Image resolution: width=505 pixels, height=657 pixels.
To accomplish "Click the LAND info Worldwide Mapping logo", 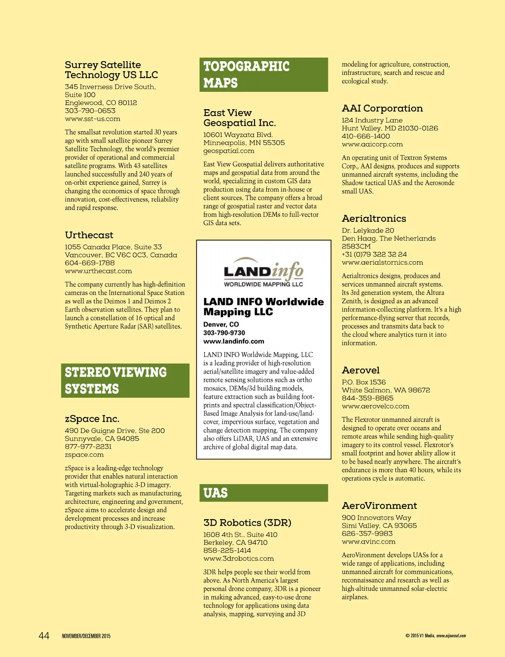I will pyautogui.click(x=263, y=272).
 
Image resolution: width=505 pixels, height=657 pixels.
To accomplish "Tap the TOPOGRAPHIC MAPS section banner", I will pyautogui.click(x=264, y=75).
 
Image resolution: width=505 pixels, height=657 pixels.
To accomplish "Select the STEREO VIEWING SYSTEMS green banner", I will pyautogui.click(x=125, y=380).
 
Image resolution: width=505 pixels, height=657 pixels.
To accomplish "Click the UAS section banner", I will pyautogui.click(x=264, y=493).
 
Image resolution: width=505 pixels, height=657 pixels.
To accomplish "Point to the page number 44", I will pyautogui.click(x=44, y=636).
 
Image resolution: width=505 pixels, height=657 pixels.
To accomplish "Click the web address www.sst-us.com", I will pyautogui.click(x=93, y=119).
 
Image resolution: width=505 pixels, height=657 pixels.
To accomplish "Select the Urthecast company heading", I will pyautogui.click(x=89, y=235).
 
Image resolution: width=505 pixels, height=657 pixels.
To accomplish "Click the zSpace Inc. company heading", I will pyautogui.click(x=92, y=419).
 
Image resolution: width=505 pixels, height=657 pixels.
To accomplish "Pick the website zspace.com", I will pyautogui.click(x=84, y=455).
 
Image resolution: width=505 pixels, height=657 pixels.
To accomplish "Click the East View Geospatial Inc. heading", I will pyautogui.click(x=240, y=118).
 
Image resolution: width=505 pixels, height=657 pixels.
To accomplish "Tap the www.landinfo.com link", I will pyautogui.click(x=234, y=341).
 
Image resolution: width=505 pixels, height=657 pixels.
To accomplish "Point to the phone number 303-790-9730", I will pyautogui.click(x=224, y=333).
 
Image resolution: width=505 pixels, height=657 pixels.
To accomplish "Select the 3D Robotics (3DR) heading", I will pyautogui.click(x=248, y=523).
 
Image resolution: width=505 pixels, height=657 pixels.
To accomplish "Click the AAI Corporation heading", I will pyautogui.click(x=382, y=109).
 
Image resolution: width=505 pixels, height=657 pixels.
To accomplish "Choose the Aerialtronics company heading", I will pyautogui.click(x=374, y=219).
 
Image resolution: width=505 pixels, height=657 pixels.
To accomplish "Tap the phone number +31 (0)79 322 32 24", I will pyautogui.click(x=374, y=254).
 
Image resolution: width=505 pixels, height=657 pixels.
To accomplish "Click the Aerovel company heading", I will pyautogui.click(x=361, y=370).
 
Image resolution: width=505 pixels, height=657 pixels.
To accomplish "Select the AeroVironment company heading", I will pyautogui.click(x=380, y=506).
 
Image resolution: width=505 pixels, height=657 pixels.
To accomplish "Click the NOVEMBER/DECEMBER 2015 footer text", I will pyautogui.click(x=86, y=636).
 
